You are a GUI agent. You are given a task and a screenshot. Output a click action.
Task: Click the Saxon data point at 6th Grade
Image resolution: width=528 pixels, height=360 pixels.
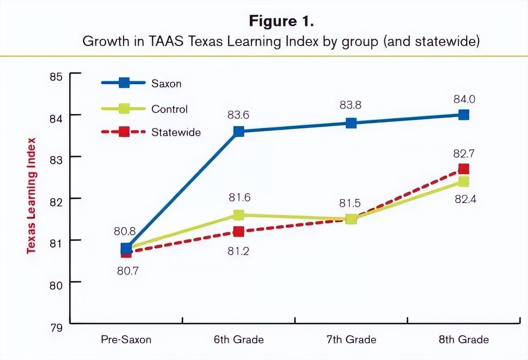[238, 132]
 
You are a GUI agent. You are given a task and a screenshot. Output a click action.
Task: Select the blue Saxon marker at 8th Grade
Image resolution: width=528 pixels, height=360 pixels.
[464, 115]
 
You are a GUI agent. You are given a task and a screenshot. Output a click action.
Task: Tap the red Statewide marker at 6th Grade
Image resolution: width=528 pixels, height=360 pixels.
[238, 232]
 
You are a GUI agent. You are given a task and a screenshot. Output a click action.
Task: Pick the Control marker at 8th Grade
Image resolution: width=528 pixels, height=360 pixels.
[464, 182]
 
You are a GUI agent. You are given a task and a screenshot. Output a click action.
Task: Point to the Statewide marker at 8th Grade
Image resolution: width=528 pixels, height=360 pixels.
[464, 169]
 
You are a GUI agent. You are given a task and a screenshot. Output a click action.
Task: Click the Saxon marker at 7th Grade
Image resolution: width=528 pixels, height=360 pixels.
[351, 123]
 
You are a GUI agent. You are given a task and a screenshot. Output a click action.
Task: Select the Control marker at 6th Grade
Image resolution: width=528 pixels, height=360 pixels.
[238, 215]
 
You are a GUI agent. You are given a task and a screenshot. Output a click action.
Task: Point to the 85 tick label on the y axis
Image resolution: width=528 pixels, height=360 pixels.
[57, 77]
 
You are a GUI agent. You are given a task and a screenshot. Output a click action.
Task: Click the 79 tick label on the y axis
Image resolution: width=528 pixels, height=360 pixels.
[57, 328]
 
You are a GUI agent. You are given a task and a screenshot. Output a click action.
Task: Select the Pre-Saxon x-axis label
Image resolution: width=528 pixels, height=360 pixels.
[126, 340]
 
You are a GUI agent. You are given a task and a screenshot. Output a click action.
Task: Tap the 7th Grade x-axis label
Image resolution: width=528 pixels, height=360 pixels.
[351, 340]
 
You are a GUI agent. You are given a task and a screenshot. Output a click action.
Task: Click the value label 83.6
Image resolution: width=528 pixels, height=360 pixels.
[238, 115]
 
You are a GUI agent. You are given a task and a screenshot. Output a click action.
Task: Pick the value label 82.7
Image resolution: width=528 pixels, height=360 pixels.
[464, 154]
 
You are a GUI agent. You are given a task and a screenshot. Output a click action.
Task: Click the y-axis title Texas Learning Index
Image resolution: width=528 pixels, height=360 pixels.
[31, 196]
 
